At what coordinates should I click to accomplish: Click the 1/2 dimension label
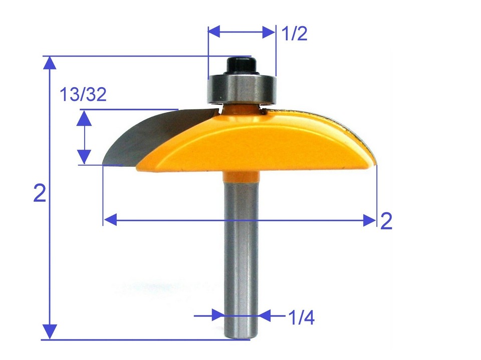[x=294, y=34]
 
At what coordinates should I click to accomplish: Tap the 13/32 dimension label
[x=83, y=95]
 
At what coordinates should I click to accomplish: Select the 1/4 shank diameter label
[x=301, y=317]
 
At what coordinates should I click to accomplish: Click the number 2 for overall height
[x=40, y=193]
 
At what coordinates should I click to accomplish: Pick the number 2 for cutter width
[x=386, y=221]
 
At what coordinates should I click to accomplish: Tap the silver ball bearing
[x=242, y=88]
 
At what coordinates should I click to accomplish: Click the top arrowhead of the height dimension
[x=49, y=63]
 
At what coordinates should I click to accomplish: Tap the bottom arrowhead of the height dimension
[x=49, y=332]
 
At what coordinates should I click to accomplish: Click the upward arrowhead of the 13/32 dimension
[x=85, y=118]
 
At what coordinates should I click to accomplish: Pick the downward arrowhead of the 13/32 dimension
[x=85, y=157]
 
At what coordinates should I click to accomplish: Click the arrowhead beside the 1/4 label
[x=265, y=315]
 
